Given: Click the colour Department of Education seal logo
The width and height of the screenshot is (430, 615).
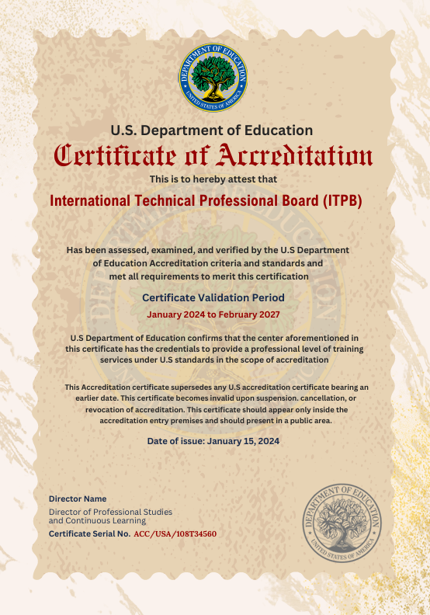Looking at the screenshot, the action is (213, 77).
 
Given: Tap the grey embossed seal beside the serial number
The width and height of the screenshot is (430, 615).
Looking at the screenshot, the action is (342, 520).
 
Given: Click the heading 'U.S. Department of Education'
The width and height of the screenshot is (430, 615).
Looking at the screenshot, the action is (212, 130).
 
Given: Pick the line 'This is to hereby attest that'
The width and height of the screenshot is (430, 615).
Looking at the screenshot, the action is (213, 179).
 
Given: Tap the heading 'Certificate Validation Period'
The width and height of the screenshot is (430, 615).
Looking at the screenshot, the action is (213, 297).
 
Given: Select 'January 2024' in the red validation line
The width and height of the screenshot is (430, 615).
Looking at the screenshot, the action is (178, 314).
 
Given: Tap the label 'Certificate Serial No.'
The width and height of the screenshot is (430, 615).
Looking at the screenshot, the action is (89, 534).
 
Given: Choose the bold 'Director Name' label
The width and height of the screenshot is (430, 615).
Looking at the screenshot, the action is (78, 499).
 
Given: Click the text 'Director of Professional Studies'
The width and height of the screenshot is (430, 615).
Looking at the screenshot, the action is (110, 512).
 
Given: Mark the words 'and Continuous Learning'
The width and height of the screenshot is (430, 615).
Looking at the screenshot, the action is (97, 521).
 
